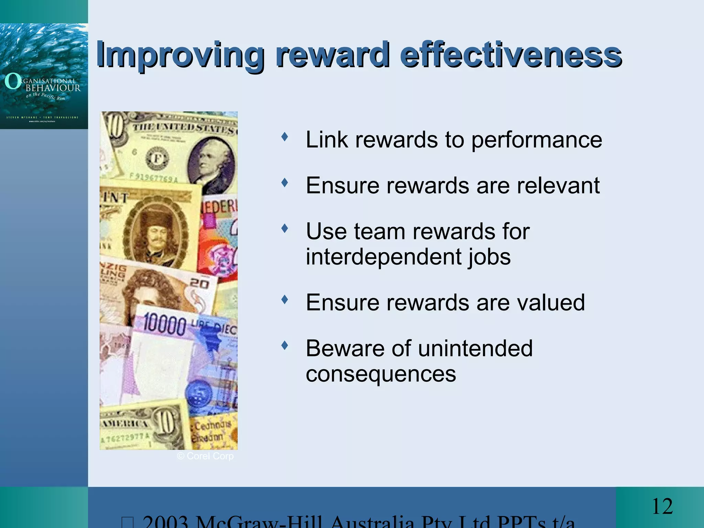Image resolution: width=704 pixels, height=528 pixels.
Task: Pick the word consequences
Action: pos(381,374)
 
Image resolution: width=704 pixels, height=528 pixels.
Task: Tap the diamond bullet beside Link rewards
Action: pos(284,137)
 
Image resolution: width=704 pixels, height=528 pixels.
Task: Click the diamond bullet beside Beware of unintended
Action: pos(284,345)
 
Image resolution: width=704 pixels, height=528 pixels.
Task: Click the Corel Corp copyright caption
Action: pos(205,456)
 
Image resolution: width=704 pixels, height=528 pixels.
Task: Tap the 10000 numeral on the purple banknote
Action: pos(164,324)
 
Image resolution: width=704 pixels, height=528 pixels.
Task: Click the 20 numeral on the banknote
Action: pos(199,284)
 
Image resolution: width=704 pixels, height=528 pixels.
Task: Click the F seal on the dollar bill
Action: pos(157,159)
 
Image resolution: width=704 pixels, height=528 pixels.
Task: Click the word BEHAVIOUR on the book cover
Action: pos(53,88)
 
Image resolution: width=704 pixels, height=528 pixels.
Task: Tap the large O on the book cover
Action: pos(12,81)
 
